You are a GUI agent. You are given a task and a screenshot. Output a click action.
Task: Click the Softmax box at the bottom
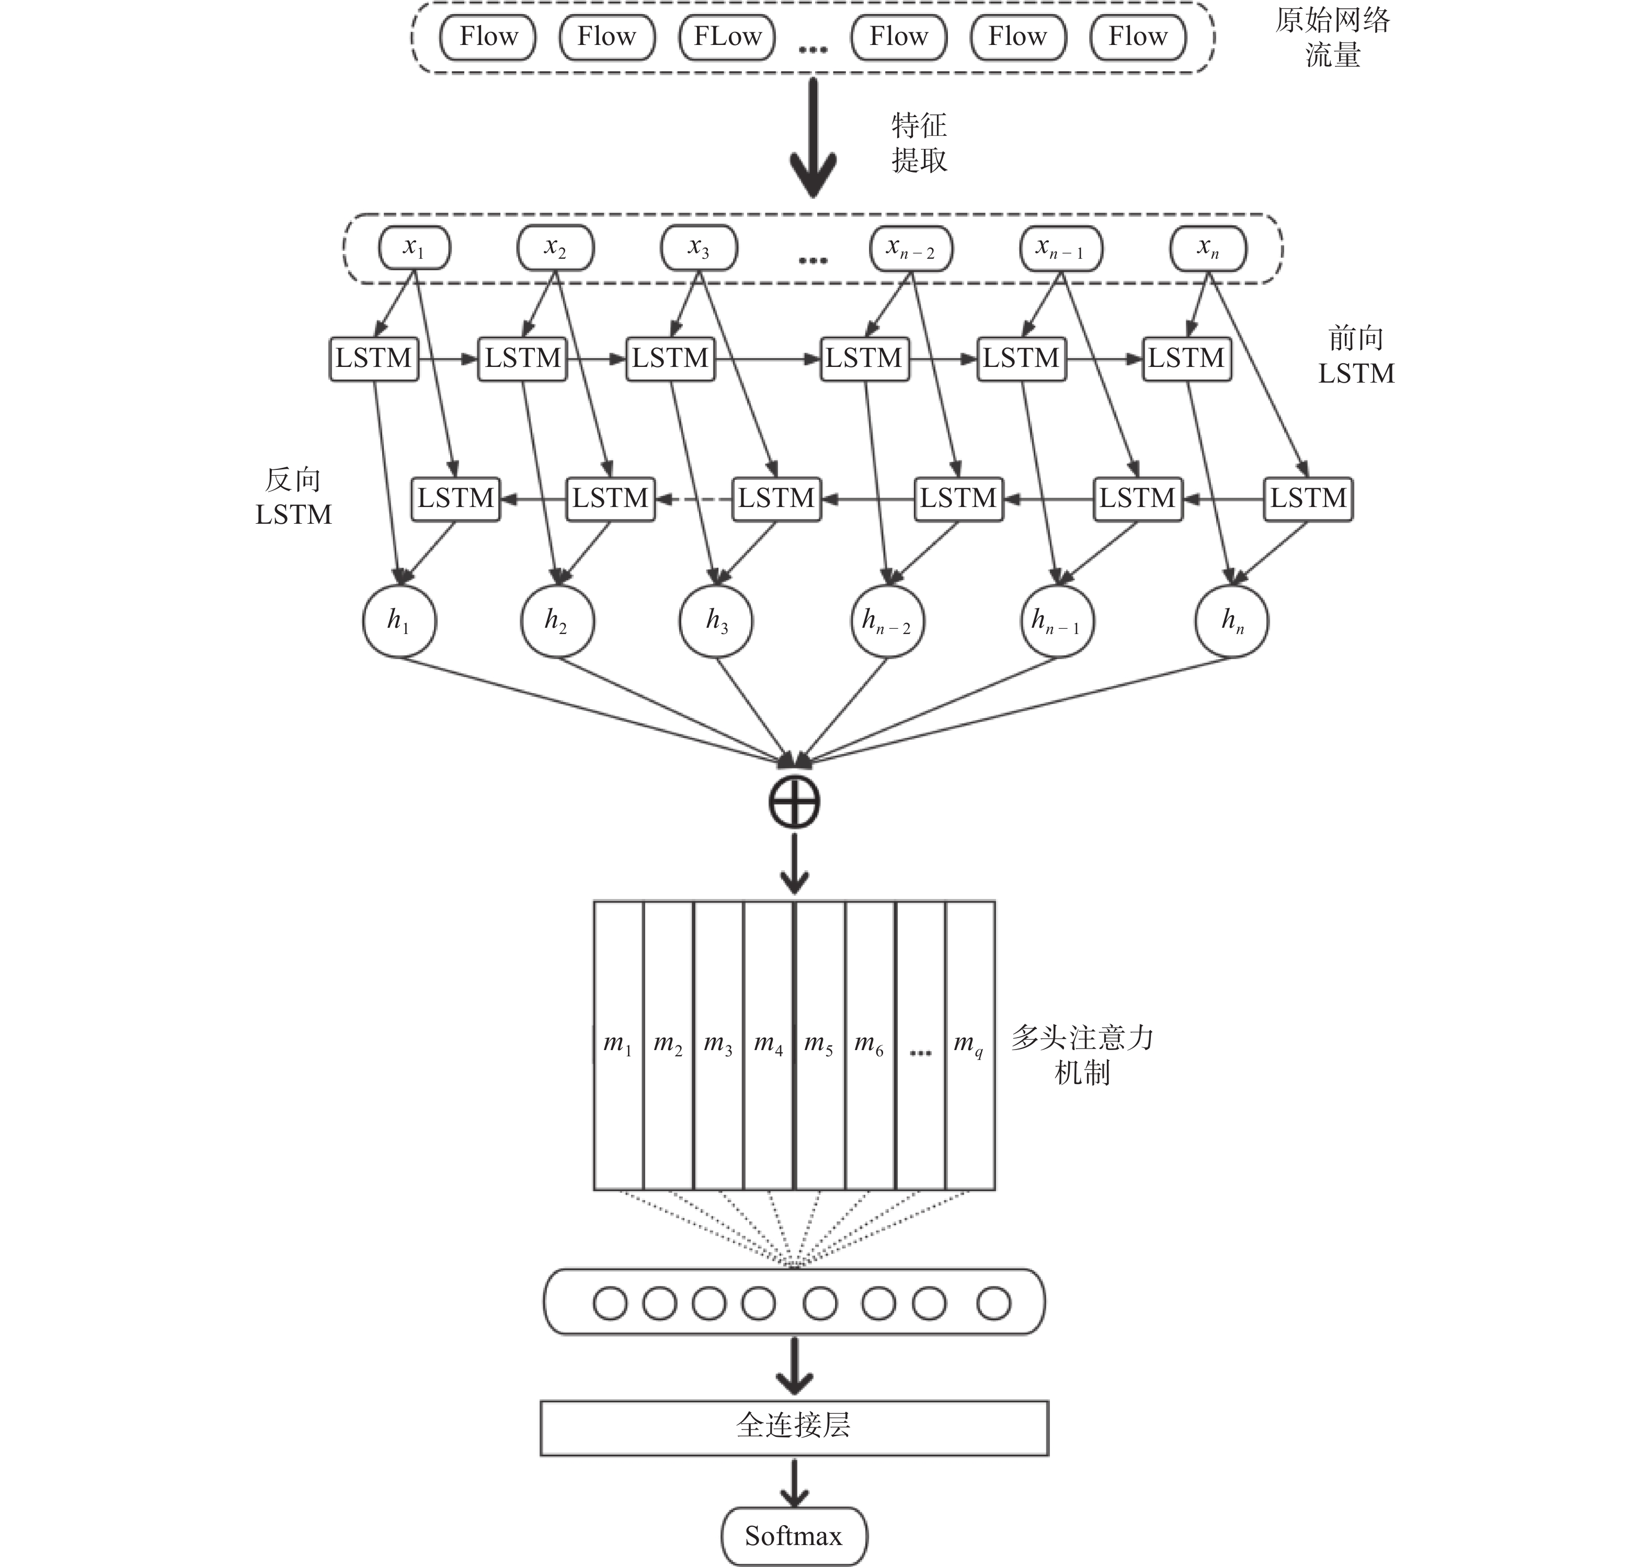pyautogui.click(x=794, y=1535)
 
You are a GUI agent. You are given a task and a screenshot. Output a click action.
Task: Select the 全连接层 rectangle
pyautogui.click(x=794, y=1427)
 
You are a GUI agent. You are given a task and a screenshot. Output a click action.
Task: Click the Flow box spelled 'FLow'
pyautogui.click(x=727, y=37)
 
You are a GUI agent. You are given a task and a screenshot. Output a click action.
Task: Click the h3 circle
pyautogui.click(x=717, y=620)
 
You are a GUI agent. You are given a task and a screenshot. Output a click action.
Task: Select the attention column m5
pyautogui.click(x=820, y=1045)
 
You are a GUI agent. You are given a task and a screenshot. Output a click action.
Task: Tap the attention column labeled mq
pyautogui.click(x=970, y=1045)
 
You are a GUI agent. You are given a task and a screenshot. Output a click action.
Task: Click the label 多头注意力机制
pyautogui.click(x=1082, y=1054)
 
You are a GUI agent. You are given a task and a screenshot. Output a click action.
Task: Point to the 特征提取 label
pyautogui.click(x=919, y=142)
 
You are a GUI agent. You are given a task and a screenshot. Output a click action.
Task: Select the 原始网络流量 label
pyautogui.click(x=1333, y=37)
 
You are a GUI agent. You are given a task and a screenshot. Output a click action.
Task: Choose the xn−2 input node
pyautogui.click(x=911, y=248)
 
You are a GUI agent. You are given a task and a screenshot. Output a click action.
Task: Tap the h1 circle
pyautogui.click(x=399, y=620)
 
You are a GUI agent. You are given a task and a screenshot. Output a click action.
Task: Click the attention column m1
pyautogui.click(x=619, y=1045)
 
